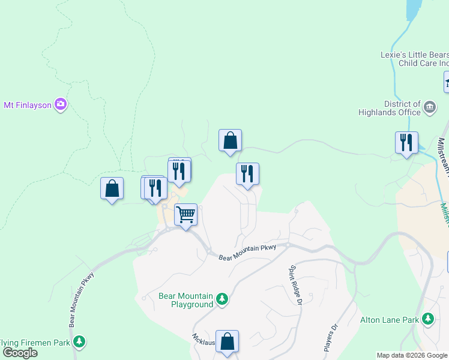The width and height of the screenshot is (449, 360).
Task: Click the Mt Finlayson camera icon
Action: pyautogui.click(x=60, y=105)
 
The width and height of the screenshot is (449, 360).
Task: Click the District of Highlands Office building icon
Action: pyautogui.click(x=430, y=107)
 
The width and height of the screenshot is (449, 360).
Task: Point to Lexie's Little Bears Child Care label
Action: pyautogui.click(x=415, y=58)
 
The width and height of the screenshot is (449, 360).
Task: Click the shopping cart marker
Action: pyautogui.click(x=186, y=214)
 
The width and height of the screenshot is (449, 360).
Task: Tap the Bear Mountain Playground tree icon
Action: pyautogui.click(x=222, y=299)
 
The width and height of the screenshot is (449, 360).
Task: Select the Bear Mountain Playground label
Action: pyautogui.click(x=186, y=300)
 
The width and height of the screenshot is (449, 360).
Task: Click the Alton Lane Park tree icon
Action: pyautogui.click(x=428, y=319)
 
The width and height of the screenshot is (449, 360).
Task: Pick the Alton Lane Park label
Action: pyautogui.click(x=389, y=320)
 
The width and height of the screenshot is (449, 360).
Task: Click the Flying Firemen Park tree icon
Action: pyautogui.click(x=79, y=342)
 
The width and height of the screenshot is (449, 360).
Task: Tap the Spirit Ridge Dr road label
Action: pyautogui.click(x=295, y=284)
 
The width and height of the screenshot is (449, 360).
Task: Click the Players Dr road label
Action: pyautogui.click(x=331, y=338)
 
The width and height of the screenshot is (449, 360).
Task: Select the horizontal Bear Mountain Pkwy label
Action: pyautogui.click(x=247, y=253)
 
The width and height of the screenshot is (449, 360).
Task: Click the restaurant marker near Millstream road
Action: pyautogui.click(x=406, y=143)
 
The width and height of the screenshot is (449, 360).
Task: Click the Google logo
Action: pyautogui.click(x=20, y=353)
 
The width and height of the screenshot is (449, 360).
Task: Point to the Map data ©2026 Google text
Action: pyautogui.click(x=412, y=355)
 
